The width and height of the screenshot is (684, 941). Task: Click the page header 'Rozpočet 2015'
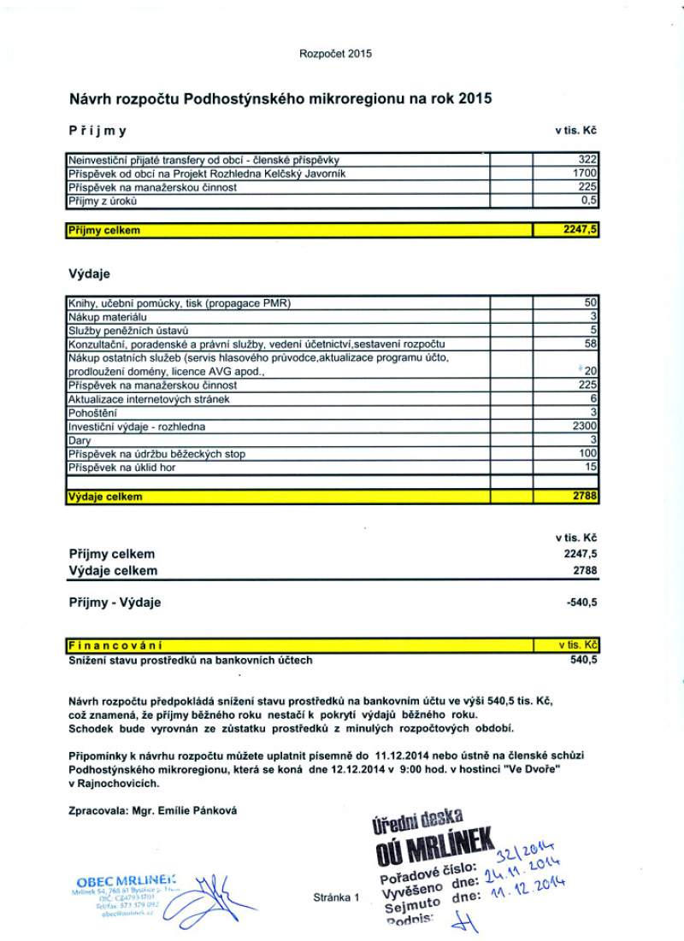pos(335,54)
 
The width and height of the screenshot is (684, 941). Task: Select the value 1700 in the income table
pos(584,173)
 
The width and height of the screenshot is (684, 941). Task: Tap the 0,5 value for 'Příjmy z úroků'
pos(588,201)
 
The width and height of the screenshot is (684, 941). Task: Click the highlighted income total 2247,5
pos(578,230)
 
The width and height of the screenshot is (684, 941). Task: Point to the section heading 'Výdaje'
pos(89,274)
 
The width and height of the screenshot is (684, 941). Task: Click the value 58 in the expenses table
pos(590,344)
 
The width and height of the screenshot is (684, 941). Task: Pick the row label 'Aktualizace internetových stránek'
pos(149,399)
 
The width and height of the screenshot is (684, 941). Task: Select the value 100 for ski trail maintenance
pos(587,454)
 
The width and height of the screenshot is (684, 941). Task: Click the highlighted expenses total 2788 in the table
pos(583,496)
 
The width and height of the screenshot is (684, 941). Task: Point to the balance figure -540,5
pos(581,603)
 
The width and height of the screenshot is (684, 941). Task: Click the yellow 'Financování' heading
pos(115,645)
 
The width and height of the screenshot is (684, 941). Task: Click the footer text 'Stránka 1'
pos(338,897)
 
